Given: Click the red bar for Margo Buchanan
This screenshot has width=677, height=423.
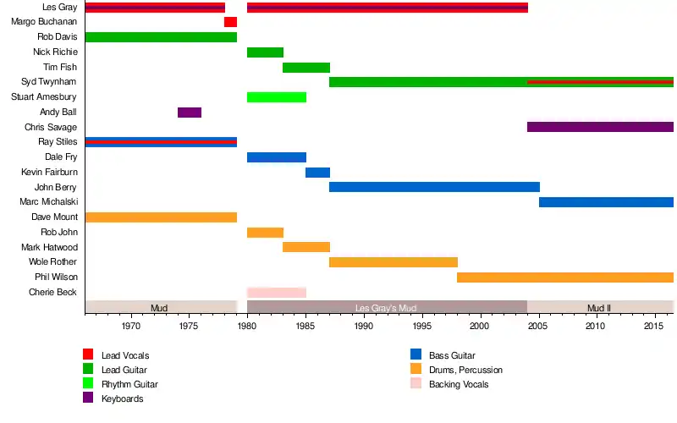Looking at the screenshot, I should pos(230,22).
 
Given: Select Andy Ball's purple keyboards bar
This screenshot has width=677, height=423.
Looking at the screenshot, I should pos(190,113).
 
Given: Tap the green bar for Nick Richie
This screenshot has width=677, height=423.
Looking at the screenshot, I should pos(265,52).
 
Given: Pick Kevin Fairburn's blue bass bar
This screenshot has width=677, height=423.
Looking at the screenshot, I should pos(317,173).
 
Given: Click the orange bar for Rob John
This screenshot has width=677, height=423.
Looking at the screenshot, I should pos(265,233).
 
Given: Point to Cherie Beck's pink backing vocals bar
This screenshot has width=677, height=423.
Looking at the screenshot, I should pos(277,293).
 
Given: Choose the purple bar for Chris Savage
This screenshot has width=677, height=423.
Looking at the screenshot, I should pos(600,127).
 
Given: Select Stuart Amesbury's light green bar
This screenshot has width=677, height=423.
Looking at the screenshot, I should pos(277,97).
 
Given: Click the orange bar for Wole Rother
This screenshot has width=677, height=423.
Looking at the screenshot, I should pos(394,262).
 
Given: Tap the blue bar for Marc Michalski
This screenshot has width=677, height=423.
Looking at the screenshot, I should pos(606,202).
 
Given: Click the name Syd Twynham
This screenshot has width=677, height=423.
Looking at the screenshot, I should pos(50,82).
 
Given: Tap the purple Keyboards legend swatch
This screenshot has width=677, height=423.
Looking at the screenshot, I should pos(87,398).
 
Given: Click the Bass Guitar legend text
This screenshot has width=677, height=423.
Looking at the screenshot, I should pos(454,356).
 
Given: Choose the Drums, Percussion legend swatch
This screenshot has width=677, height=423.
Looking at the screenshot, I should pos(415,369).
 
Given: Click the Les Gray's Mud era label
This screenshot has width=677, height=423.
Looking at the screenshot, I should pos(387,308).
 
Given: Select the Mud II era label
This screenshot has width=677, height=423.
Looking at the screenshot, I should pos(599,308).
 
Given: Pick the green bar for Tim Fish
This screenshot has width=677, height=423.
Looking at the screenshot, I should pos(305,68).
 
